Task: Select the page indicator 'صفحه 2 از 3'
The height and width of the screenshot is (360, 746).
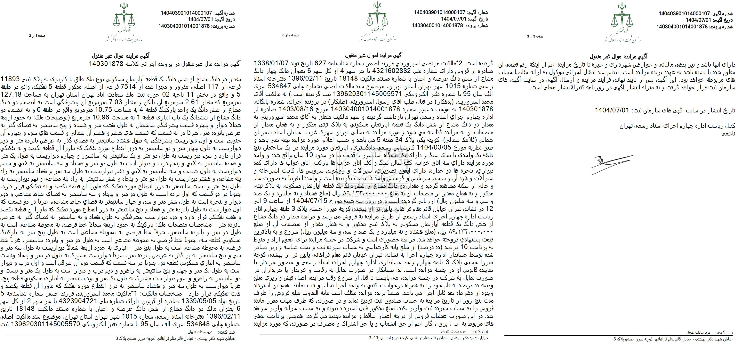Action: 291,35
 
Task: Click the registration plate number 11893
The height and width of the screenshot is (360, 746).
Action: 11,79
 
